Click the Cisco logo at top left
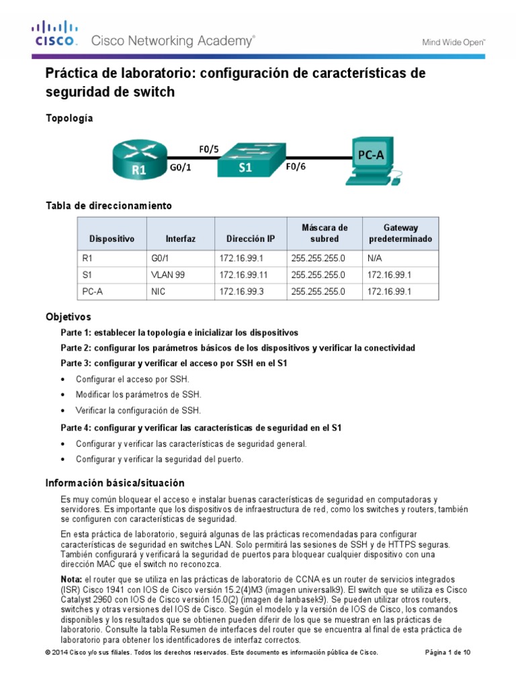tap(56, 34)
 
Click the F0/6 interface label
tap(296, 168)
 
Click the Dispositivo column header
tap(112, 239)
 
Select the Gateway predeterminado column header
tap(400, 233)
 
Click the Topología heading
tap(69, 118)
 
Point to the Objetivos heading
tap(68, 316)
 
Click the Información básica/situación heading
tap(114, 483)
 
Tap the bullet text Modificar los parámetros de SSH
tap(138, 395)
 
